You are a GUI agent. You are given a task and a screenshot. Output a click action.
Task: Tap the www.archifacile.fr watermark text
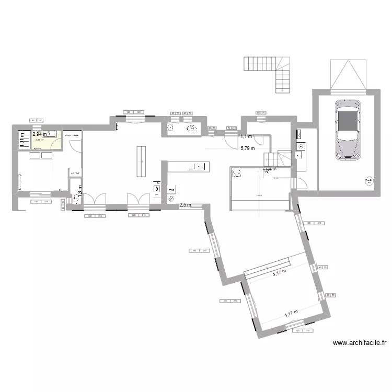[x=359, y=343]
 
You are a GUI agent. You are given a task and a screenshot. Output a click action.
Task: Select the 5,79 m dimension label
[x=247, y=148]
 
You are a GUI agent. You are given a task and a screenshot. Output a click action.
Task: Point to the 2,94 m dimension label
[x=40, y=134]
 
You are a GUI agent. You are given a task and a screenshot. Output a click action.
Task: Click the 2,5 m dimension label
[x=185, y=205]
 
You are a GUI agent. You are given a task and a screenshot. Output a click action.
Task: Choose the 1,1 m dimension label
[x=246, y=137]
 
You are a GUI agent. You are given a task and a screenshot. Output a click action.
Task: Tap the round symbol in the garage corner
[x=369, y=181]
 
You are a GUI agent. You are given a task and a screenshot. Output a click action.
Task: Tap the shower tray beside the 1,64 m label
[x=236, y=174]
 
